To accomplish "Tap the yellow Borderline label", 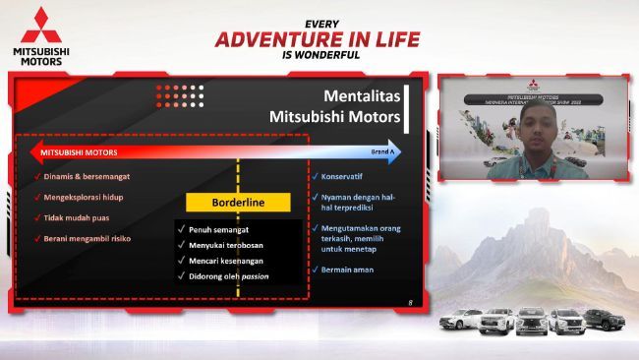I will tap(239, 202).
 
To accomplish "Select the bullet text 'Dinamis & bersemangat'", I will tap(87, 176).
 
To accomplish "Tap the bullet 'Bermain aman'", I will tap(348, 270).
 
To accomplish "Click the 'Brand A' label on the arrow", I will tap(384, 152).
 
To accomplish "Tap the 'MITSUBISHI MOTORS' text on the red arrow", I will tap(81, 152).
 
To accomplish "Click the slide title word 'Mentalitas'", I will tap(363, 95).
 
